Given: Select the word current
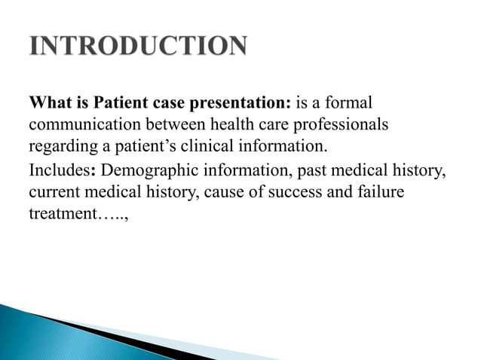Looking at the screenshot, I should [54, 193].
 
